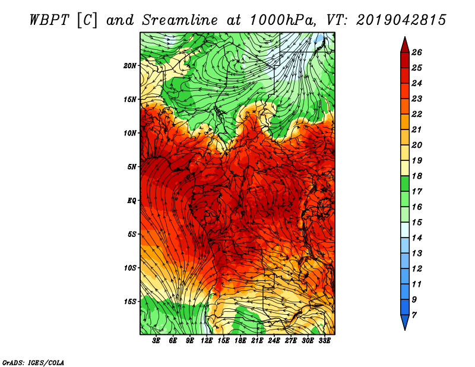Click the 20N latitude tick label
click(x=129, y=66)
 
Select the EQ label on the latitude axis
click(x=131, y=201)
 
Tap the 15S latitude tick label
click(x=129, y=302)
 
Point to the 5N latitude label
click(x=131, y=167)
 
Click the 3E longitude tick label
click(x=156, y=341)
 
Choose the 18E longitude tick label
click(x=240, y=341)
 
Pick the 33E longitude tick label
click(x=324, y=341)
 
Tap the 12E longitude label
click(x=207, y=341)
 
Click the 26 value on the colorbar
click(x=417, y=52)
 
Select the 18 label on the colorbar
click(x=417, y=176)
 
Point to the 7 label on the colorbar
click(x=414, y=315)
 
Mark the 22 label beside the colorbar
click(x=417, y=114)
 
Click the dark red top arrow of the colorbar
click(x=405, y=45)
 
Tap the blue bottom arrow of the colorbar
click(x=405, y=322)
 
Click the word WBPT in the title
click(x=50, y=20)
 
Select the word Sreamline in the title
click(x=180, y=20)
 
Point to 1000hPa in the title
click(x=283, y=20)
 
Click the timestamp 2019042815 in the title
click(x=401, y=20)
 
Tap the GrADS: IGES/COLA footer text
click(x=33, y=363)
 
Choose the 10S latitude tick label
click(x=129, y=268)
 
